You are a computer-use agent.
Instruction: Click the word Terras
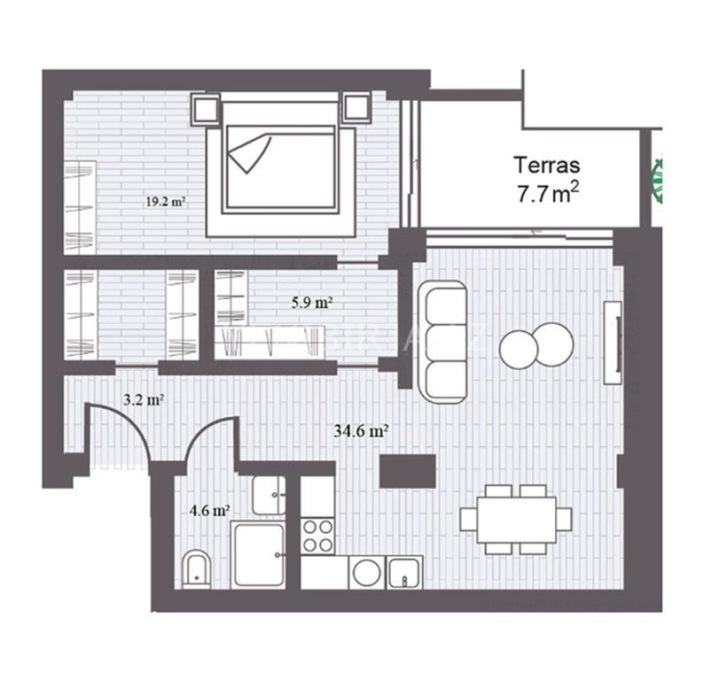(x=546, y=166)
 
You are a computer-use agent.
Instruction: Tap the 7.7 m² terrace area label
(x=548, y=193)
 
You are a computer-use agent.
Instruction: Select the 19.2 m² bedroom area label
(x=166, y=202)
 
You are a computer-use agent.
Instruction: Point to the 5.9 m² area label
(x=312, y=302)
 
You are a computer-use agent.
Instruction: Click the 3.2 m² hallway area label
(x=144, y=399)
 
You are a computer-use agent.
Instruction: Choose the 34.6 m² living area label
(x=361, y=430)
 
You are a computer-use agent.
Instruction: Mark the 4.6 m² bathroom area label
(x=209, y=511)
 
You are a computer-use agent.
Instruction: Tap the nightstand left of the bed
(x=206, y=108)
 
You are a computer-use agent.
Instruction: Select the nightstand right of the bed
(x=356, y=107)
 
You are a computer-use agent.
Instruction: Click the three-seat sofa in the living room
(x=442, y=342)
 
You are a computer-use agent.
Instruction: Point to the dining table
(x=516, y=520)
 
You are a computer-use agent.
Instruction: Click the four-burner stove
(x=318, y=537)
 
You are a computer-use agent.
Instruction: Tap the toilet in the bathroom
(x=197, y=568)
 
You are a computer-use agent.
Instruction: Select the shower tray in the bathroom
(x=258, y=554)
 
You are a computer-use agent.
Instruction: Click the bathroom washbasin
(x=269, y=495)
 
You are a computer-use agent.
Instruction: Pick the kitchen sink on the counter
(x=404, y=572)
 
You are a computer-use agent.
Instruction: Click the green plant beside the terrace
(x=657, y=179)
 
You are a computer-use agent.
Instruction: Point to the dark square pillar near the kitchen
(x=408, y=471)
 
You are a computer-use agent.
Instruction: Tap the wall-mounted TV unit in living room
(x=613, y=343)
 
